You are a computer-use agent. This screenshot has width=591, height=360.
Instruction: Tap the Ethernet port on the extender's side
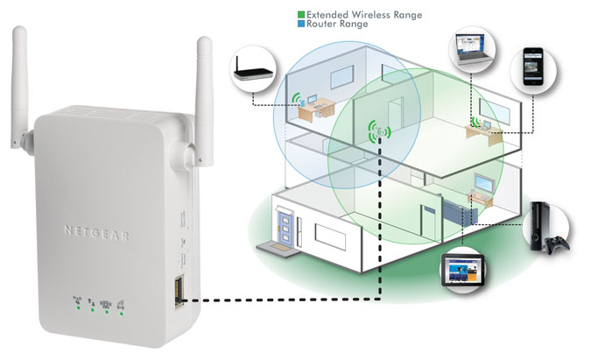(180, 288)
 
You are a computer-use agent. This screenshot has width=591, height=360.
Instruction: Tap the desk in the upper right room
(486, 129)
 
